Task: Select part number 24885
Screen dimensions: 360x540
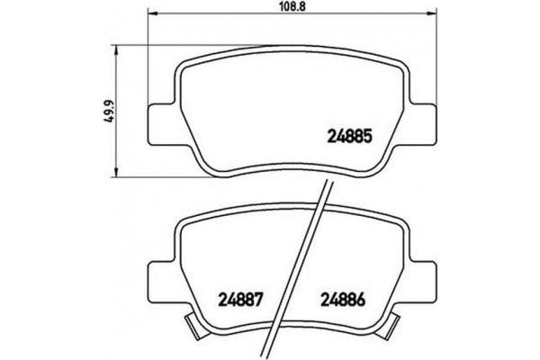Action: pyautogui.click(x=347, y=139)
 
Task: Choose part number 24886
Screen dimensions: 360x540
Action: pyautogui.click(x=346, y=301)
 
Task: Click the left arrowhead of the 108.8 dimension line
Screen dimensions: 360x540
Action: pyautogui.click(x=149, y=15)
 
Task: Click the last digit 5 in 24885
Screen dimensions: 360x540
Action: pyautogui.click(x=367, y=139)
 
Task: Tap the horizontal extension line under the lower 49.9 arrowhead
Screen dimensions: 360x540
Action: pyautogui.click(x=153, y=174)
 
